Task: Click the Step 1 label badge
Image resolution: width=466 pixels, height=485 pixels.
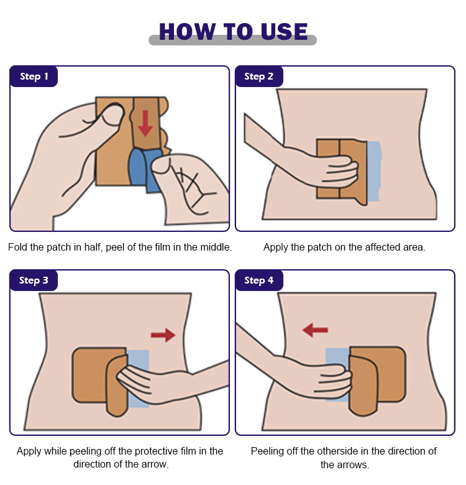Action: [34, 76]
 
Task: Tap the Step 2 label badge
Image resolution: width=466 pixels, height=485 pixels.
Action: [259, 76]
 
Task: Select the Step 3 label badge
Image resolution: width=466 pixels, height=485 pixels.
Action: [34, 280]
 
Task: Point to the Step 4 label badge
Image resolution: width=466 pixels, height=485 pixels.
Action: [259, 280]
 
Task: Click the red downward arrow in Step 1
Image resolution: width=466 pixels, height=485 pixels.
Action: [145, 123]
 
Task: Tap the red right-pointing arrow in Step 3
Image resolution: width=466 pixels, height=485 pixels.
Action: [163, 335]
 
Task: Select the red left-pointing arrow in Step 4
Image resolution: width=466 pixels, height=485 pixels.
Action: [315, 330]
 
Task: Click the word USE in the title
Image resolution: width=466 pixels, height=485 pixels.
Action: [284, 32]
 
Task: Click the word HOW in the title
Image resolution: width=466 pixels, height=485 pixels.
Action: [187, 32]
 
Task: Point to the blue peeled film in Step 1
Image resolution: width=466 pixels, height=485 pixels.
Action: [144, 170]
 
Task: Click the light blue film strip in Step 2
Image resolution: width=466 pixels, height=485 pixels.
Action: [373, 171]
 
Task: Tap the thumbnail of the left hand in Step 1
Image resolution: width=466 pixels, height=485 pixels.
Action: [112, 114]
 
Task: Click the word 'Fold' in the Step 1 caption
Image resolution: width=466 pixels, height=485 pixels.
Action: [17, 247]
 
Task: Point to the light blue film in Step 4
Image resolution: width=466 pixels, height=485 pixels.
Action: [337, 374]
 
